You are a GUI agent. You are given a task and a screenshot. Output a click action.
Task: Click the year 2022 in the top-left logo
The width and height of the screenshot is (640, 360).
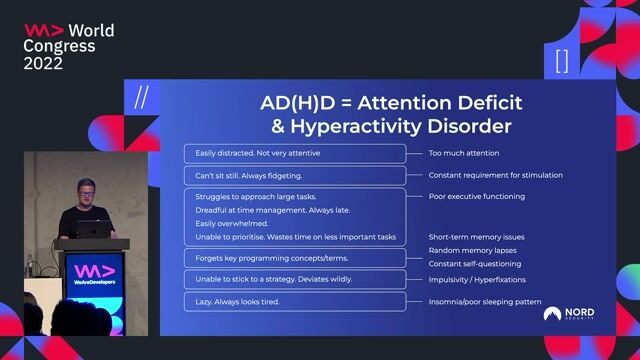tap(44, 63)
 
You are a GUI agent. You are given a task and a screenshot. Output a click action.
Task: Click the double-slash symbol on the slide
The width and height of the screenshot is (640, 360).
tap(141, 97)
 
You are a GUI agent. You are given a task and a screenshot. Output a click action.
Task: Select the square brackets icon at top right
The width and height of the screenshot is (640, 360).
tap(561, 61)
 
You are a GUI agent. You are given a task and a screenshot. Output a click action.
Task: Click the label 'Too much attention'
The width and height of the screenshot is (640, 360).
tap(464, 153)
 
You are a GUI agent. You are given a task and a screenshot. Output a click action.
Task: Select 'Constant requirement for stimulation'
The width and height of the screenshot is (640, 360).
tap(495, 175)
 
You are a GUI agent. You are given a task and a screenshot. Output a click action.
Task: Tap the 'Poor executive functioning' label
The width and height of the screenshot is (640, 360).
tap(476, 197)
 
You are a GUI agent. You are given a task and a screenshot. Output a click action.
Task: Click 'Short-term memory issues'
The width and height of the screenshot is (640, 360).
tap(476, 237)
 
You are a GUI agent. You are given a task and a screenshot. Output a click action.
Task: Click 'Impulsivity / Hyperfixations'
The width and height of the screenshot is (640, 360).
tap(477, 280)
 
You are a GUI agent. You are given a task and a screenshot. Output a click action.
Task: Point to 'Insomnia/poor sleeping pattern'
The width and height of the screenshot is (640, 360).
tap(483, 301)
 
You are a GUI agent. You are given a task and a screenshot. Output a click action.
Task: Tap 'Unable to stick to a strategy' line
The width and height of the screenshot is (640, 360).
tap(259, 280)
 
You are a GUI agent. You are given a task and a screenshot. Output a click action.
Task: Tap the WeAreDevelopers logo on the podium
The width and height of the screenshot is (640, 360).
tap(94, 276)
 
